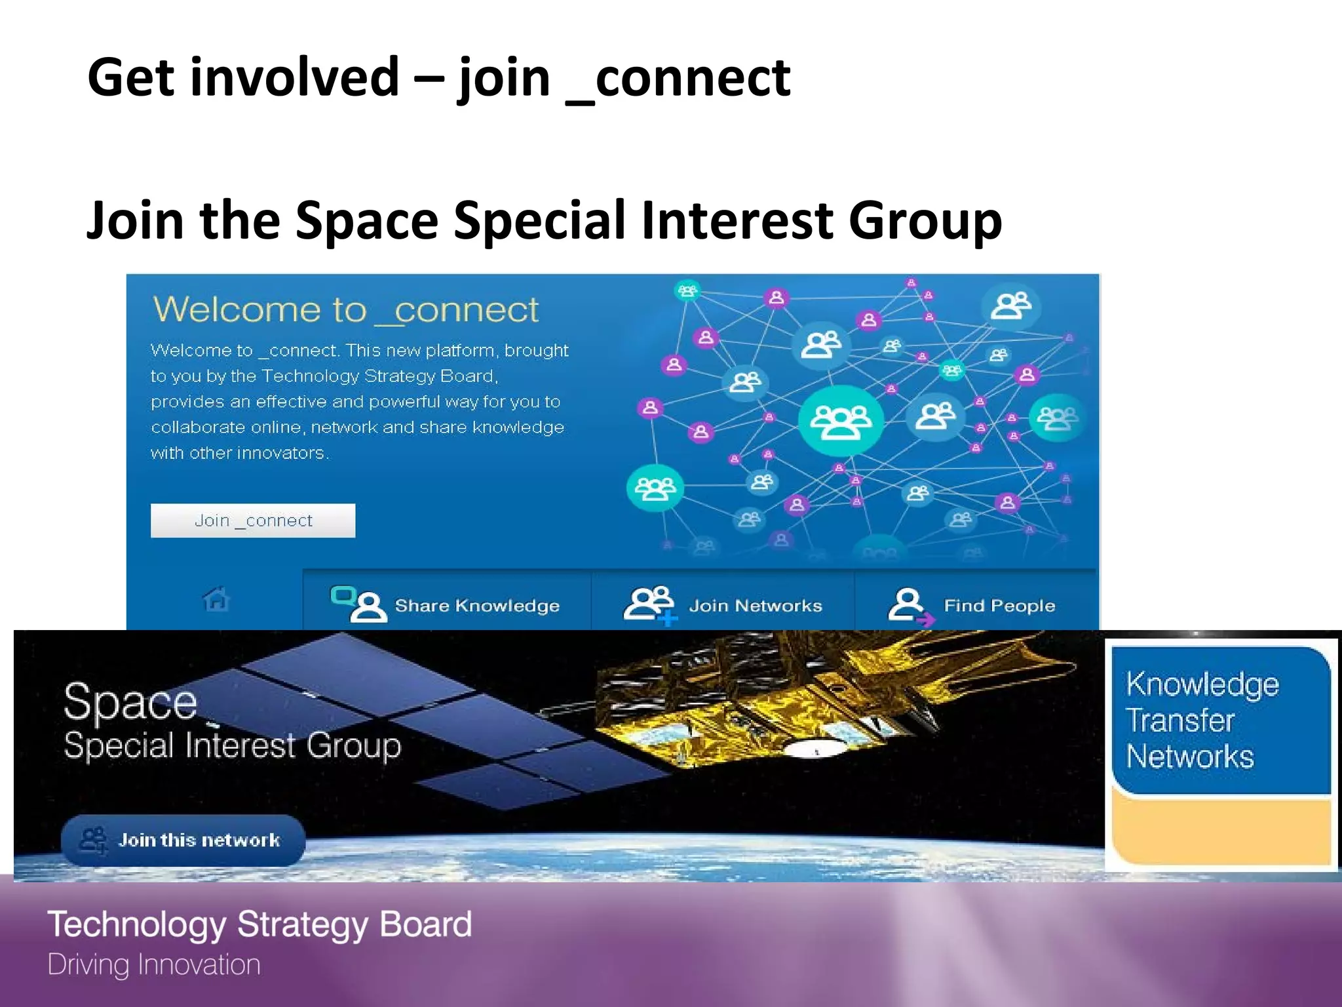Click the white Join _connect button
point(253,521)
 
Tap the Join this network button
point(183,840)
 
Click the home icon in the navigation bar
point(216,599)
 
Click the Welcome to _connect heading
point(346,309)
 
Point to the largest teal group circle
point(841,421)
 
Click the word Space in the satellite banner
point(130,702)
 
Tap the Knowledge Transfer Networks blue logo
point(1220,720)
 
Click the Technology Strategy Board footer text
point(259,924)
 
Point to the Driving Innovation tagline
point(154,965)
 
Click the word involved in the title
point(295,77)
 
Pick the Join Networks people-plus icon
point(649,604)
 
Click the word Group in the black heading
point(925,220)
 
